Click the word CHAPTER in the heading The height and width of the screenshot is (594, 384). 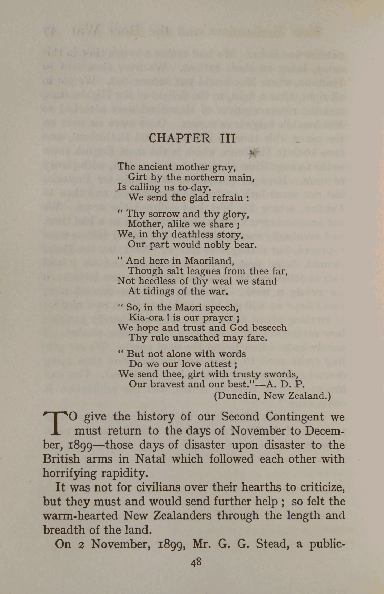[x=179, y=138]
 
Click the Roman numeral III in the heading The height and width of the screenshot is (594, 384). [x=228, y=138]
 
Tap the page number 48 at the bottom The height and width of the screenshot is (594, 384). [x=196, y=563]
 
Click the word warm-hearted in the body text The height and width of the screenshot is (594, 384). [x=80, y=516]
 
